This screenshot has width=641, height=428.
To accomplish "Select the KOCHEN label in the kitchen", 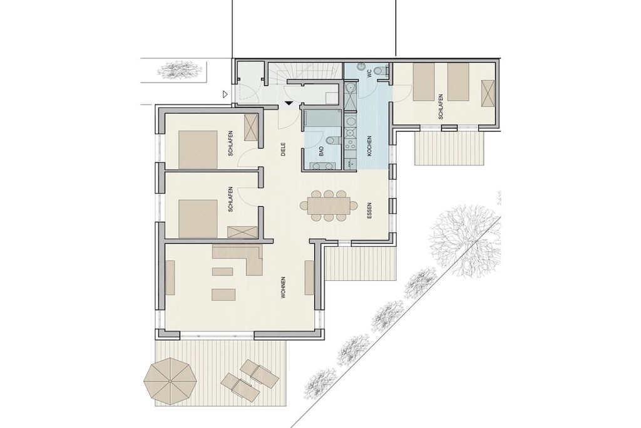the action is coord(369,145).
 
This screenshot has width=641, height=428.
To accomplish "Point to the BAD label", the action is coord(321,152).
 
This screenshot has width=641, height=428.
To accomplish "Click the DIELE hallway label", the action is coord(282,149).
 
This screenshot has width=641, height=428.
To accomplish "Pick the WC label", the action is coord(369,74).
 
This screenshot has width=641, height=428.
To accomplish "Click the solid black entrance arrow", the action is coord(289,103).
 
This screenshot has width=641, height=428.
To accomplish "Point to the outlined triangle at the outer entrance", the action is coord(225,95).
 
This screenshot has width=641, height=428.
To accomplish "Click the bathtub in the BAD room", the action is coord(322,118).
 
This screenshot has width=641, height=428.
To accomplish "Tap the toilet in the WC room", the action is coord(381,71).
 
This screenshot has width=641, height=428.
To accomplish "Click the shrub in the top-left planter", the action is coord(179,70).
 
